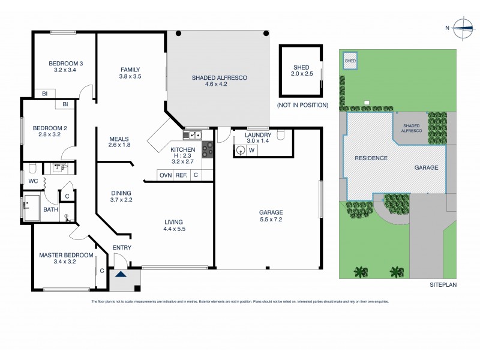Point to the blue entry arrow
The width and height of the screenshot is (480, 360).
[x=121, y=275]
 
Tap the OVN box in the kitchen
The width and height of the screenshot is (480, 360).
[x=164, y=175]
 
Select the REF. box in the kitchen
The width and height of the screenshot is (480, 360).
[x=181, y=175]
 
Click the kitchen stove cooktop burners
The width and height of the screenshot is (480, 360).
[x=208, y=148]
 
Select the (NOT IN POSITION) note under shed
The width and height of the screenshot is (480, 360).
[x=302, y=105]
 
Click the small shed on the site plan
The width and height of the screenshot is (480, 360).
[x=350, y=61]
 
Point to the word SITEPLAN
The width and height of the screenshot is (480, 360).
[x=443, y=286]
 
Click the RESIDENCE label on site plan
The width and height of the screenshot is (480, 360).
[x=371, y=158]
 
